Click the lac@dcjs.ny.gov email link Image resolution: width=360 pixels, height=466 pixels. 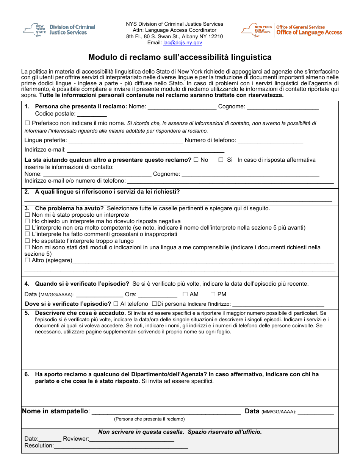[x=182, y=43]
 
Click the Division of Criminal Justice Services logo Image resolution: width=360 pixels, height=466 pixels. [x=59, y=30]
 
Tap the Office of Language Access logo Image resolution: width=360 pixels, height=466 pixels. [x=292, y=30]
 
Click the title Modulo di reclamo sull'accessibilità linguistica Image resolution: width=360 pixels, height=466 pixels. [x=180, y=57]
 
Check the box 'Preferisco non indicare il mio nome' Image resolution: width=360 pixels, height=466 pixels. [x=27, y=123]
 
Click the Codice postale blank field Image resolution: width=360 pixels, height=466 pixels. [x=92, y=114]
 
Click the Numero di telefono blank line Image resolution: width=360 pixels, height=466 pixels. [x=270, y=141]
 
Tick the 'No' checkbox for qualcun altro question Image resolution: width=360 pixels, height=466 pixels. [x=196, y=160]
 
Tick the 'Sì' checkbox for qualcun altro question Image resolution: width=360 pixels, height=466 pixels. [x=221, y=160]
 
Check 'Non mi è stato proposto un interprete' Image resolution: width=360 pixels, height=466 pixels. [x=27, y=215]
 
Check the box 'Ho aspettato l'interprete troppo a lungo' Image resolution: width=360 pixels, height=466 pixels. [x=27, y=241]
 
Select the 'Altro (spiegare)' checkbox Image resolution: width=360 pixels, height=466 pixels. [x=27, y=260]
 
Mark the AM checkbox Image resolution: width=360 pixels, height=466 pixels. [x=185, y=294]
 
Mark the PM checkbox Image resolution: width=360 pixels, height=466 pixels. [x=213, y=294]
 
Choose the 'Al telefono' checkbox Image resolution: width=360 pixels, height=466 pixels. [x=116, y=304]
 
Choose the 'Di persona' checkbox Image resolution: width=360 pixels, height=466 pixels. [x=154, y=304]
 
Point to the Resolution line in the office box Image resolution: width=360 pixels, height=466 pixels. [x=121, y=446]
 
